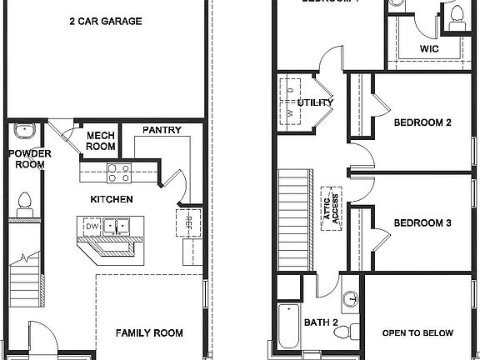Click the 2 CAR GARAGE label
(105, 21)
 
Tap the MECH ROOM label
(101, 140)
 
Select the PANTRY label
(157, 130)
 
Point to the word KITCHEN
(112, 199)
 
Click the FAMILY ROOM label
(148, 332)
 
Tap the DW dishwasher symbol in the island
(92, 226)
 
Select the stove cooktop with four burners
(117, 172)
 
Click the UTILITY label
(314, 102)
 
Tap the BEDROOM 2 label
(422, 122)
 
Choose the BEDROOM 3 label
(422, 222)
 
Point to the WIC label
(428, 49)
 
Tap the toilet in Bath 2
(344, 332)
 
